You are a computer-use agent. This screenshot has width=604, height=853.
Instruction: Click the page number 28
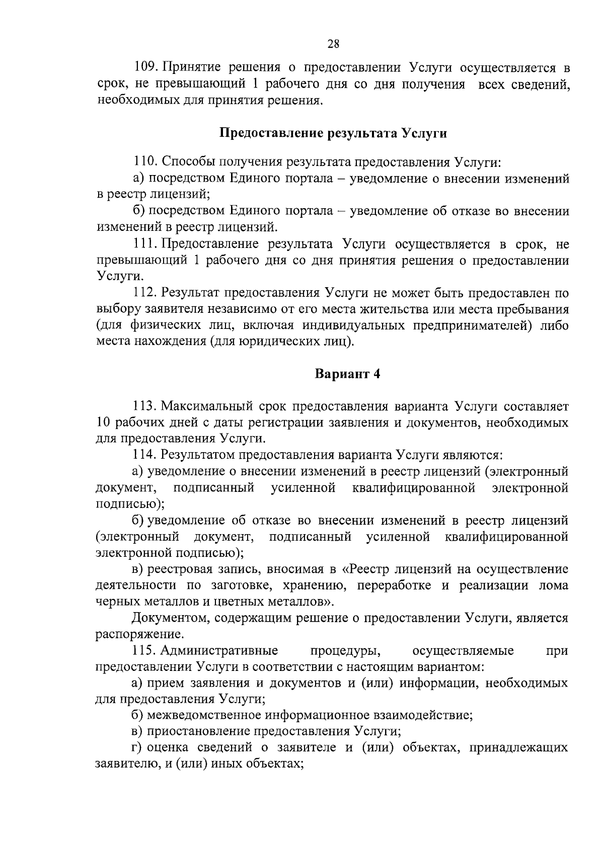pyautogui.click(x=333, y=44)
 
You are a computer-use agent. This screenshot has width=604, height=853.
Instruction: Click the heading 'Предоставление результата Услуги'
pyautogui.click(x=333, y=134)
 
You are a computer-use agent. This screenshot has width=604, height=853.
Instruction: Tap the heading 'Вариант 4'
pyautogui.click(x=347, y=374)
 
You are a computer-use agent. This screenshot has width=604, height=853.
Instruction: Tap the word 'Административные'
pyautogui.click(x=219, y=651)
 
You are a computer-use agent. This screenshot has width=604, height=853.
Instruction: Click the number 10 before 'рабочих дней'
pyautogui.click(x=103, y=422)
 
